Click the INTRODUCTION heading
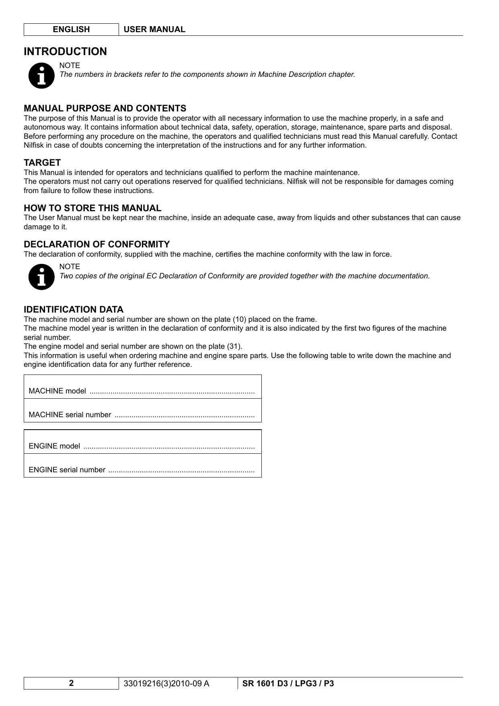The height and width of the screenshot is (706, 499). (65, 51)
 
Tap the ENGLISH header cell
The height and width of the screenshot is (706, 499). (71, 29)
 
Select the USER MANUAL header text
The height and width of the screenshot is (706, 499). (154, 29)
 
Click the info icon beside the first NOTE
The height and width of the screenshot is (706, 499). (41, 75)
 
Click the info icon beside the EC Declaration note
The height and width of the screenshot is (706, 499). (41, 276)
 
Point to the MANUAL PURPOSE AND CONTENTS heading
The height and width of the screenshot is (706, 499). (105, 108)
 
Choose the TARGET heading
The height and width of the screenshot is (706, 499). (42, 163)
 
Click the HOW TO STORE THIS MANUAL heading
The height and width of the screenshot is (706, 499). (92, 208)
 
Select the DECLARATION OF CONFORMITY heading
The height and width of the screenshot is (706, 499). (97, 244)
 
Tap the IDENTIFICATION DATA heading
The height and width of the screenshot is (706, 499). (74, 309)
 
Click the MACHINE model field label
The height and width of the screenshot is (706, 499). (57, 391)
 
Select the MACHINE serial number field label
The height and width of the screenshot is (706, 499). (70, 415)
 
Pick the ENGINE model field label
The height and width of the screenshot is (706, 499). (54, 446)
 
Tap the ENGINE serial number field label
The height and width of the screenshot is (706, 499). (67, 470)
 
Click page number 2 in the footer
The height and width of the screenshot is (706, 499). (71, 683)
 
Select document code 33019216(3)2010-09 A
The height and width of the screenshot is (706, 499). (166, 683)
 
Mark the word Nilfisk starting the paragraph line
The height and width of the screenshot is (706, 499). (33, 145)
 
